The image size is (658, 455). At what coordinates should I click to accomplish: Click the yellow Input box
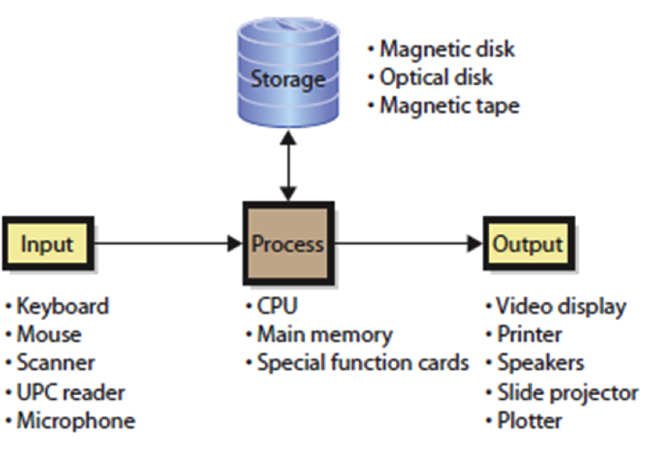[47, 244]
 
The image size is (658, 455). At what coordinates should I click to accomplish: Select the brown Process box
[288, 244]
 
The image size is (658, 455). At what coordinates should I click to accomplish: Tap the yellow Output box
[527, 244]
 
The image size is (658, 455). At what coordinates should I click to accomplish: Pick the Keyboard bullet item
[62, 306]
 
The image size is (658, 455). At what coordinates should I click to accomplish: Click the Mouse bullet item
[49, 334]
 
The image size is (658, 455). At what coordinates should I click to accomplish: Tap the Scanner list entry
[55, 363]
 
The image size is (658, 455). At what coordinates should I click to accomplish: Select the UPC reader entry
[70, 392]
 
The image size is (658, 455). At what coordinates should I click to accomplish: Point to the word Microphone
[76, 421]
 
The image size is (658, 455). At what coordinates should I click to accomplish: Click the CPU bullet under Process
[276, 306]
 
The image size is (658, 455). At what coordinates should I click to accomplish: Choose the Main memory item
[324, 334]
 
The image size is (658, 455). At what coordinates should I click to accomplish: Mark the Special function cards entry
[362, 363]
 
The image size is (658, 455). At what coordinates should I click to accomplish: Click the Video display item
[561, 306]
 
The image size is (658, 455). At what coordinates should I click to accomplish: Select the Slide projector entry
[567, 392]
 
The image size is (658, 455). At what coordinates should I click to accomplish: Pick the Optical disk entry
[435, 77]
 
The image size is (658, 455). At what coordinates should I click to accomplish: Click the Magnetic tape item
[449, 105]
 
